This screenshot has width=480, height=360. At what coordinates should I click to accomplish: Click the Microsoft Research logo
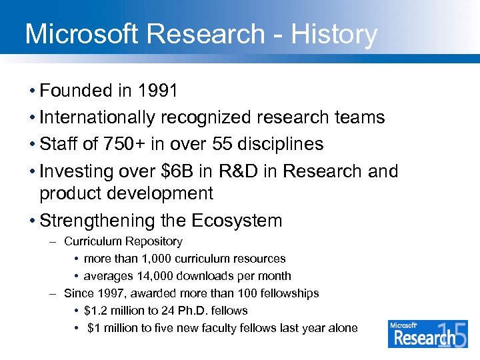click(x=427, y=333)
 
